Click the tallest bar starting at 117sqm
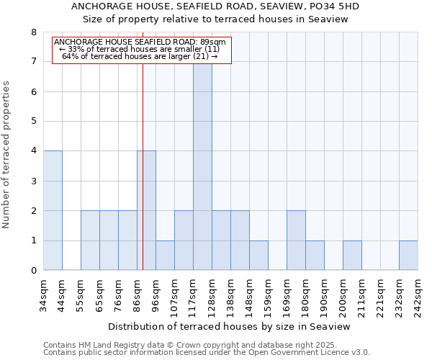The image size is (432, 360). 202,166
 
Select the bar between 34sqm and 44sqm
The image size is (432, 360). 53,210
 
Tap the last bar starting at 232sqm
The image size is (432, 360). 408,255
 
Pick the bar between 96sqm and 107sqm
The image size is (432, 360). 165,255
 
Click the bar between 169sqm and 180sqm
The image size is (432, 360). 296,240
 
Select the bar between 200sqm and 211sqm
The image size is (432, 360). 352,255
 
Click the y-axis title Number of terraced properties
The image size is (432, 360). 7,155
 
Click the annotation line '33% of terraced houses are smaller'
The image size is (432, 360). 140,49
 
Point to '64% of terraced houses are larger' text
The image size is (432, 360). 140,56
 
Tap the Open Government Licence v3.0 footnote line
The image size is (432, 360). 207,353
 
